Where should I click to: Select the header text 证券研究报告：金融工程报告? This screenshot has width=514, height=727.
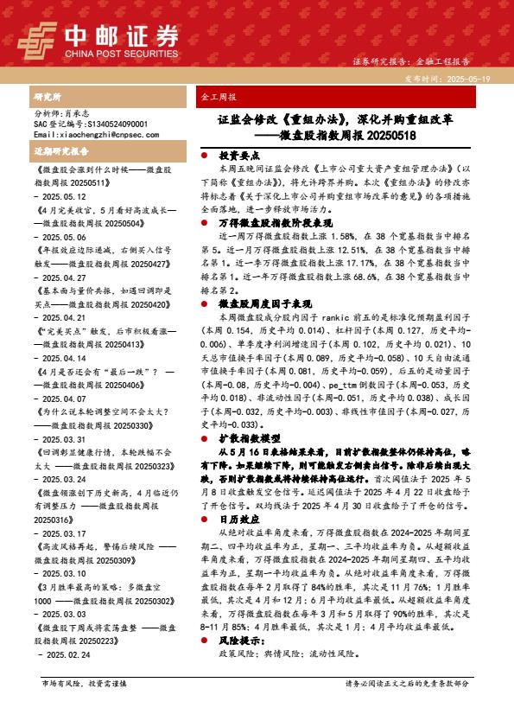[x=411, y=62]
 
